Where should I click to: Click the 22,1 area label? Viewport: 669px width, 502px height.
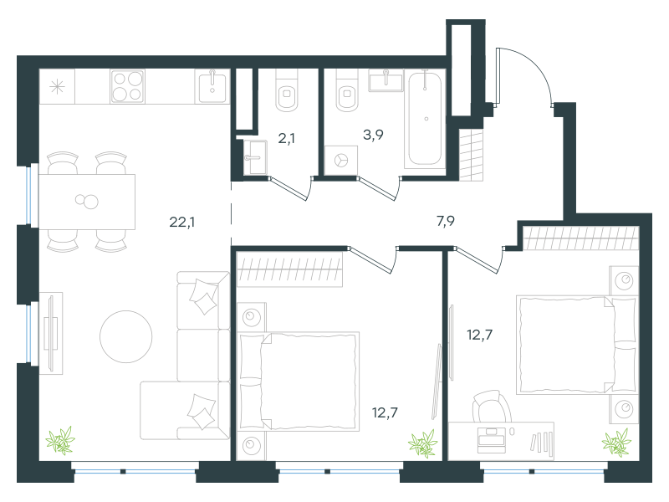182,222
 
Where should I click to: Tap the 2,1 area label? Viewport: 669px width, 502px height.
286,138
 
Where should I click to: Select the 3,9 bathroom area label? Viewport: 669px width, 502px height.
373,135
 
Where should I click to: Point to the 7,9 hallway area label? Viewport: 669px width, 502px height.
446,221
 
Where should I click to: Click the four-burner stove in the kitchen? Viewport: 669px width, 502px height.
127,86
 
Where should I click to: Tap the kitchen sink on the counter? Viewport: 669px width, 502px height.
212,86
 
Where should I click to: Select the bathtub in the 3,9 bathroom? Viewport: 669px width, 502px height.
426,119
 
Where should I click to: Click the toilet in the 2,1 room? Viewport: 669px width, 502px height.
287,90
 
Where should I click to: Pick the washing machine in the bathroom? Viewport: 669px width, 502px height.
341,161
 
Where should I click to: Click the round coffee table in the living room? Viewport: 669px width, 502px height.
126,337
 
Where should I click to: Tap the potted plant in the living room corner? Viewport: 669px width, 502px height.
60,441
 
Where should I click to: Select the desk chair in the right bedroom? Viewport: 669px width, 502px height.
491,407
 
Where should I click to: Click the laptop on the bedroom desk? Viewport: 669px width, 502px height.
492,440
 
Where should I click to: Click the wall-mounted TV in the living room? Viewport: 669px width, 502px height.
51,333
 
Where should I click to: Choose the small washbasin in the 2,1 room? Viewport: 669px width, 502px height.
255,157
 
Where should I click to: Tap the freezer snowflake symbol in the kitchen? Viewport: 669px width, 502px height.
57,87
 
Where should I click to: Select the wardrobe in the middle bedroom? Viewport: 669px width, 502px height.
289,269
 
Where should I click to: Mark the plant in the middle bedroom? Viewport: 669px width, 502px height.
423,444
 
